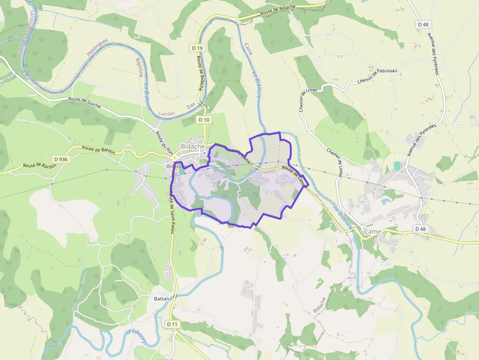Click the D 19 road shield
(x=197, y=48)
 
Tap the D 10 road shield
(x=204, y=120)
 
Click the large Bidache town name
(x=193, y=147)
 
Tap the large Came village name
(x=372, y=231)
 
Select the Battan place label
(x=161, y=298)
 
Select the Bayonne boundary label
(x=140, y=68)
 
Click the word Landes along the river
(x=167, y=113)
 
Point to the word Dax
(x=191, y=106)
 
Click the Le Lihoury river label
(x=135, y=338)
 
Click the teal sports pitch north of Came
(x=397, y=166)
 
